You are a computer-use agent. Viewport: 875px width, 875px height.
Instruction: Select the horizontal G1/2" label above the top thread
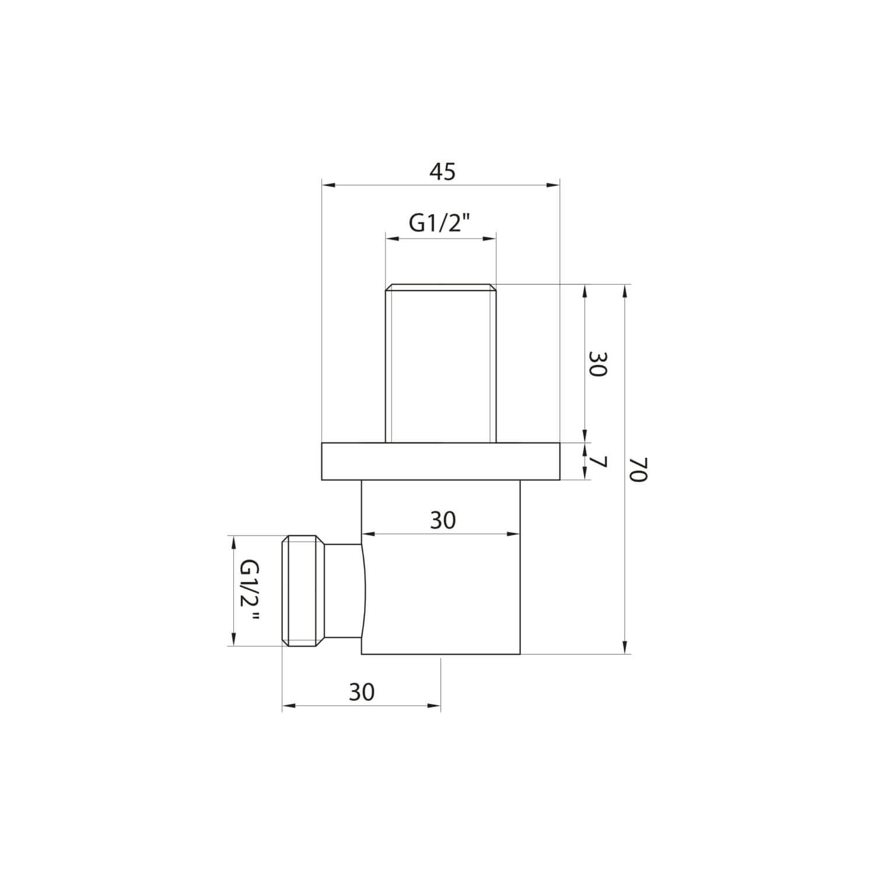439,224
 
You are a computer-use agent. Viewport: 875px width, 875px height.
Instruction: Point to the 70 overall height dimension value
639,469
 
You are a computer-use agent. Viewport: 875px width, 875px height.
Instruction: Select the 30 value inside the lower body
442,520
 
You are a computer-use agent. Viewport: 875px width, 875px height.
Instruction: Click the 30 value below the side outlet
362,692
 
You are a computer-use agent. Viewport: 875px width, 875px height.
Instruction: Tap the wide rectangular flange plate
440,461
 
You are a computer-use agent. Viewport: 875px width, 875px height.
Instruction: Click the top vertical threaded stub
440,365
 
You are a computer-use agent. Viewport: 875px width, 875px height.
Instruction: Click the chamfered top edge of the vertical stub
440,287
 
